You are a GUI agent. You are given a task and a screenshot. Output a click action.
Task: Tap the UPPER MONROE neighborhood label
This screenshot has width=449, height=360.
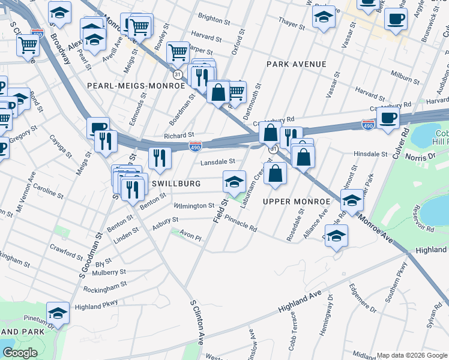point(297,201)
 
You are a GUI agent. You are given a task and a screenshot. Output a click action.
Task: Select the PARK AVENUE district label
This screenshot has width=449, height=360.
point(297,64)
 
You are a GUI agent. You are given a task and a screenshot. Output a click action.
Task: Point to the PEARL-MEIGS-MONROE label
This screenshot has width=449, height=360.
point(136,86)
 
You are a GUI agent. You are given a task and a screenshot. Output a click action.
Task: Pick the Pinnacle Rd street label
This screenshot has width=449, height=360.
point(241,224)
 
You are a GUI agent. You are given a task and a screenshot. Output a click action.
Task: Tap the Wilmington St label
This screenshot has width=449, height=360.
point(194,206)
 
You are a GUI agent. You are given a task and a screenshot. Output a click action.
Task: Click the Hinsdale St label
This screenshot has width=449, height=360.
point(371,154)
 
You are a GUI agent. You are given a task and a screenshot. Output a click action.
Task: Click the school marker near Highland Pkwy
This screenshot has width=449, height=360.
point(58,312)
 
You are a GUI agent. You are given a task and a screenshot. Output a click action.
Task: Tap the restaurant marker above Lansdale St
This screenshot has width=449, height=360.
point(160,158)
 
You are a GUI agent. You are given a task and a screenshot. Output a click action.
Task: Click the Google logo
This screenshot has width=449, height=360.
point(20,353)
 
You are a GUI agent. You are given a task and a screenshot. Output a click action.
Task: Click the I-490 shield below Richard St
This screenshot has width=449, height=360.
point(195,146)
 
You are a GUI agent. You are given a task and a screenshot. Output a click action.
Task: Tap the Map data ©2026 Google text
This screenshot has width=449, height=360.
point(411,355)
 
